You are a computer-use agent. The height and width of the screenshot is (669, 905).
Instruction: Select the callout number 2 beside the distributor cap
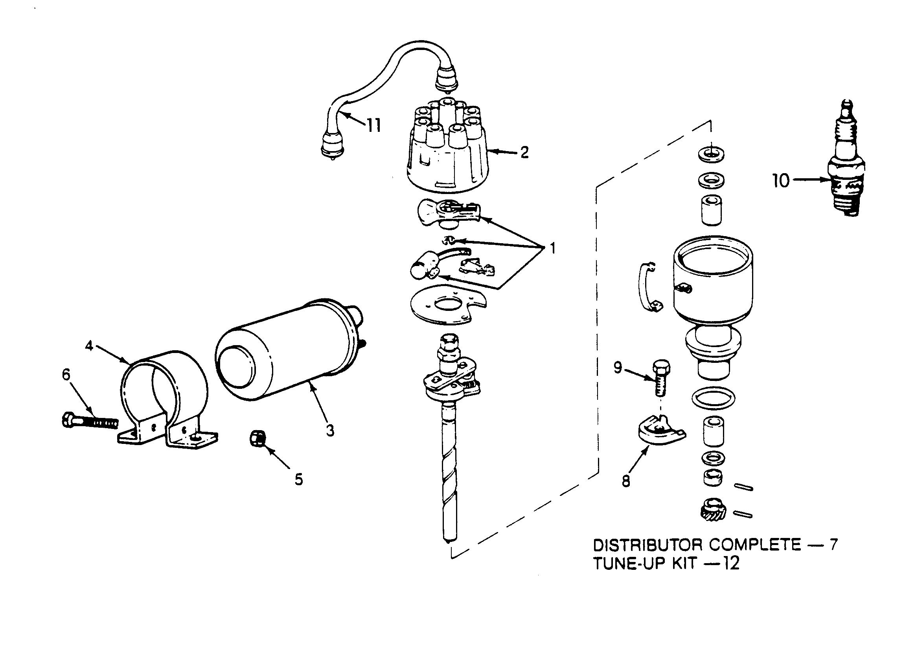[x=524, y=153]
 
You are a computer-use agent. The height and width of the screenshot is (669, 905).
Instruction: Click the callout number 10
[x=780, y=181]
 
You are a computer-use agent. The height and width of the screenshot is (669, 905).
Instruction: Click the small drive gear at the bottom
[x=712, y=510]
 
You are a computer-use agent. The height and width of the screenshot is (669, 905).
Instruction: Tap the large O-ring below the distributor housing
[x=713, y=397]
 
